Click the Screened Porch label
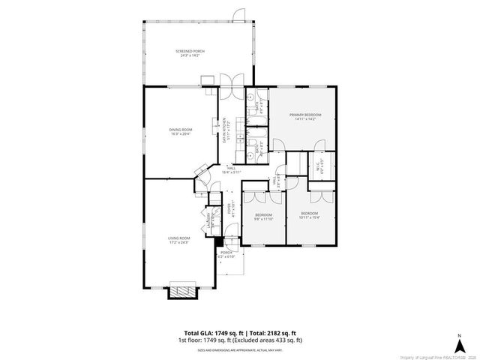point(190,52)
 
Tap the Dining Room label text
point(180,131)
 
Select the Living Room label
point(178,239)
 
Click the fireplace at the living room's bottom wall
point(181,291)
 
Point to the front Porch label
point(226,255)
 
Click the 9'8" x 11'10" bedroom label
point(262,217)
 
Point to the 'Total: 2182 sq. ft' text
point(272,332)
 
